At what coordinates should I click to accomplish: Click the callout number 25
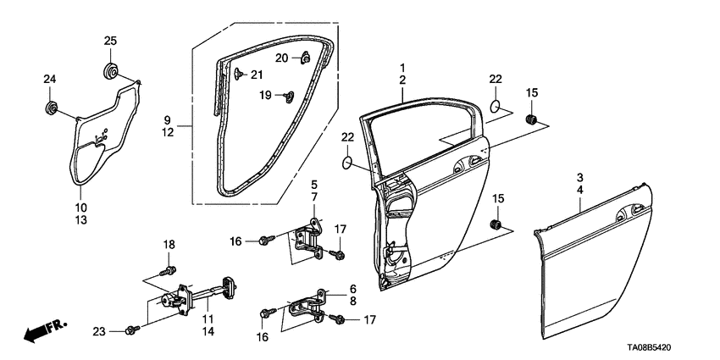click(x=110, y=42)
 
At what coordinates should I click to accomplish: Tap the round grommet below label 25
click(x=110, y=69)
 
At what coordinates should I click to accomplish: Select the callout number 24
click(x=50, y=80)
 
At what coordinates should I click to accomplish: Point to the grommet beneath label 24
click(x=51, y=108)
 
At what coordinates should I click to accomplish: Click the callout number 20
click(x=281, y=57)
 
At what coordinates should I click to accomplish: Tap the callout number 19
click(x=265, y=96)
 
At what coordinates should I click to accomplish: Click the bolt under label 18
click(x=169, y=271)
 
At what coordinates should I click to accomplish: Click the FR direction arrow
click(x=38, y=332)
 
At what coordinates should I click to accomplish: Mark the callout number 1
click(x=403, y=67)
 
